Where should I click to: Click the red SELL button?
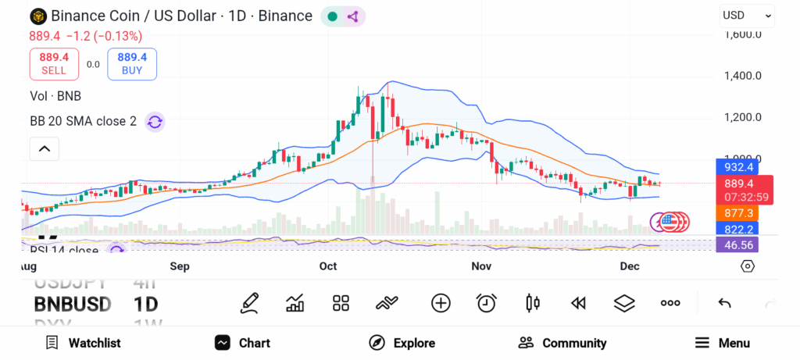(54, 63)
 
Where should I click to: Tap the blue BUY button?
(132, 63)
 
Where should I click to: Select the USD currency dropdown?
(746, 15)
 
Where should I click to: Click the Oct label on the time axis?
(328, 266)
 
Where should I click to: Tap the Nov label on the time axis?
(482, 266)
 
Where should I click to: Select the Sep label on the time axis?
(180, 266)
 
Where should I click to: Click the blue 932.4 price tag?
(738, 167)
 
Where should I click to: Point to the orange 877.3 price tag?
(738, 213)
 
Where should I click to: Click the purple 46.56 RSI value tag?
(738, 244)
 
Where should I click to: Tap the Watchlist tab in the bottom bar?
(83, 343)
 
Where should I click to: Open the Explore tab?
(402, 343)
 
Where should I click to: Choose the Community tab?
(562, 343)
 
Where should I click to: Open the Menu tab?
(723, 343)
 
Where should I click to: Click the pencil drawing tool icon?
(249, 303)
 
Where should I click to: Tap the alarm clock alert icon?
(487, 303)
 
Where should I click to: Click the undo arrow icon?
(724, 303)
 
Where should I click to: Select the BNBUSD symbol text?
(73, 304)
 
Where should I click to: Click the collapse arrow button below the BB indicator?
(45, 148)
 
